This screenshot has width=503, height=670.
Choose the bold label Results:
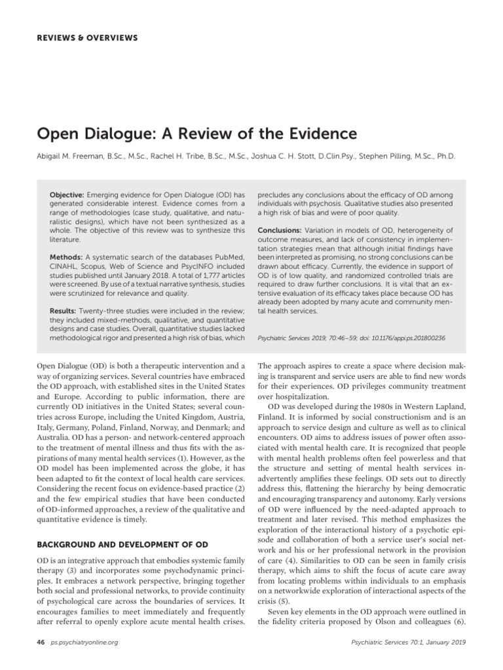[x=65, y=309]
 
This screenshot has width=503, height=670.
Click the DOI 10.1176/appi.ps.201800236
[x=394, y=339]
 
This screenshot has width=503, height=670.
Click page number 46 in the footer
[x=41, y=643]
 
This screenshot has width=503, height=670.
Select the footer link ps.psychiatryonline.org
[x=83, y=643]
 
